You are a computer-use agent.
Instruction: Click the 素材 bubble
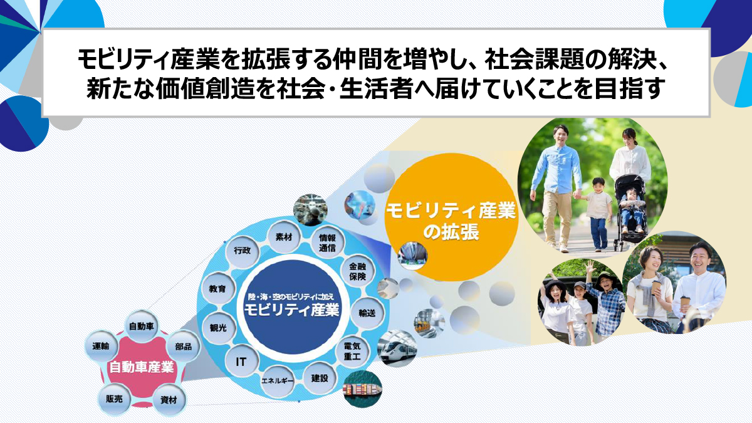click(x=284, y=237)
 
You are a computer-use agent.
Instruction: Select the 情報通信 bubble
click(x=327, y=243)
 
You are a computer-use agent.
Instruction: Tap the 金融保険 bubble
click(x=357, y=271)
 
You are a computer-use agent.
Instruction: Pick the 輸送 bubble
click(x=367, y=313)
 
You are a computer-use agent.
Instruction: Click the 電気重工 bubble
click(x=352, y=351)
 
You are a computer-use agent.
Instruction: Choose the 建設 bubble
click(x=319, y=379)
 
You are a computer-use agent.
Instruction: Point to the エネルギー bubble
click(x=277, y=381)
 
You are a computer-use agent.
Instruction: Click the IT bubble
click(x=241, y=362)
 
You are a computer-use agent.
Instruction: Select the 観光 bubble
click(x=219, y=328)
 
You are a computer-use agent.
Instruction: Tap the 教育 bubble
click(x=217, y=289)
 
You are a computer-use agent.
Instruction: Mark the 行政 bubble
click(x=243, y=251)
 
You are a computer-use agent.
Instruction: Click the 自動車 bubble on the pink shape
click(x=142, y=326)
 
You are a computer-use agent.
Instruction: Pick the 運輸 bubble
click(x=101, y=346)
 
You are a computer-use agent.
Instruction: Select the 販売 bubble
click(x=114, y=399)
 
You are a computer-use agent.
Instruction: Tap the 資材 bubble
click(x=169, y=400)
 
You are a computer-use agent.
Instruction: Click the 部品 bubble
click(x=183, y=346)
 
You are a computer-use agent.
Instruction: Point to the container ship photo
click(x=363, y=389)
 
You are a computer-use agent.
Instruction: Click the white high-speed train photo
click(x=397, y=349)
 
